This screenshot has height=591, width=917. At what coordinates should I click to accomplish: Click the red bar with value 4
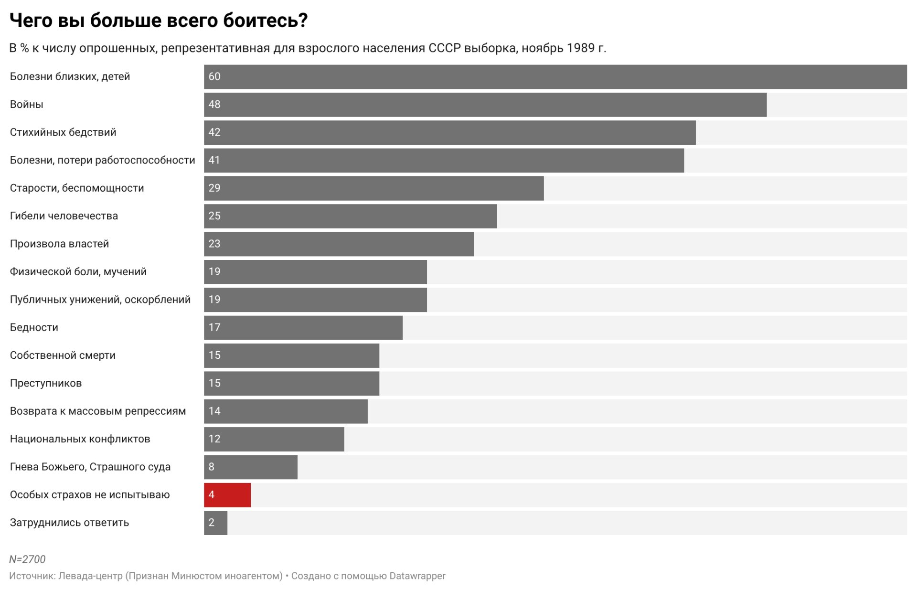[x=227, y=494]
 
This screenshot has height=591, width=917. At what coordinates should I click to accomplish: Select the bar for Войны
[x=485, y=105]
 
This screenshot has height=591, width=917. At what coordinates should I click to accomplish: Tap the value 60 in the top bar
[x=214, y=76]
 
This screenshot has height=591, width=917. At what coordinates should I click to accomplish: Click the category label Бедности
[x=34, y=327]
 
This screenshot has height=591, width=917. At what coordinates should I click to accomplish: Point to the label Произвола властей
[x=59, y=244]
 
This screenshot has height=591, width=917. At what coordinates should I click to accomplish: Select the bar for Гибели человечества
[x=350, y=216]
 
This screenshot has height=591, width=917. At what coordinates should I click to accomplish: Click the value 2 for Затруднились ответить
[x=212, y=523]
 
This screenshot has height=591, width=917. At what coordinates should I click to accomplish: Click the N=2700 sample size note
[x=27, y=559]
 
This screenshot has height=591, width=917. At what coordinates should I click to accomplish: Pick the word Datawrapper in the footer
[x=417, y=576]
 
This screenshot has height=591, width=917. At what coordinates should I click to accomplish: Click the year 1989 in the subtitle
[x=580, y=48]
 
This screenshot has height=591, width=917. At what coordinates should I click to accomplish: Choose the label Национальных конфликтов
[x=80, y=439]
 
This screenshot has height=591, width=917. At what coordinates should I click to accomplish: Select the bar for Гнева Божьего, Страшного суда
[x=251, y=467]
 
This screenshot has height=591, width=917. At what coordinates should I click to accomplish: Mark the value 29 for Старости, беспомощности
[x=214, y=188]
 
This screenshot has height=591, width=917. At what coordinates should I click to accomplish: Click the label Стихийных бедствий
[x=63, y=132]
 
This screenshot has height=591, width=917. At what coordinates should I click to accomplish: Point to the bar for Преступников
[x=291, y=383]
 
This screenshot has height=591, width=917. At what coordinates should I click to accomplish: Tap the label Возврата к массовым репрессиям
[x=98, y=411]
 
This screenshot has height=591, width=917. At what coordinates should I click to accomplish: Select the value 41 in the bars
[x=214, y=160]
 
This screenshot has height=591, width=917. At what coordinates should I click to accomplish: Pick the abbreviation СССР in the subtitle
[x=444, y=48]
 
